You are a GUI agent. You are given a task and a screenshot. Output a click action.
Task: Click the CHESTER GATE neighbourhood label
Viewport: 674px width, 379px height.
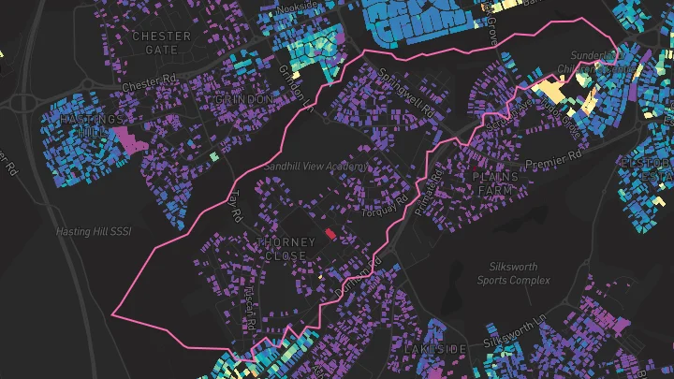point(161,43)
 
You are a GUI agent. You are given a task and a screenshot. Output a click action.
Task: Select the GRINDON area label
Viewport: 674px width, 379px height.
point(244,99)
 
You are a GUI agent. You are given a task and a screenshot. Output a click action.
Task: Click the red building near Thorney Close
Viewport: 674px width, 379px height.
point(330,233)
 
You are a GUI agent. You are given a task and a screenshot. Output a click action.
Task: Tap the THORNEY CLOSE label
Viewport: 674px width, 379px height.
point(286,248)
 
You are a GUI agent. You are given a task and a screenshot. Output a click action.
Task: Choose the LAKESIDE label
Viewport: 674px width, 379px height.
point(435,348)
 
